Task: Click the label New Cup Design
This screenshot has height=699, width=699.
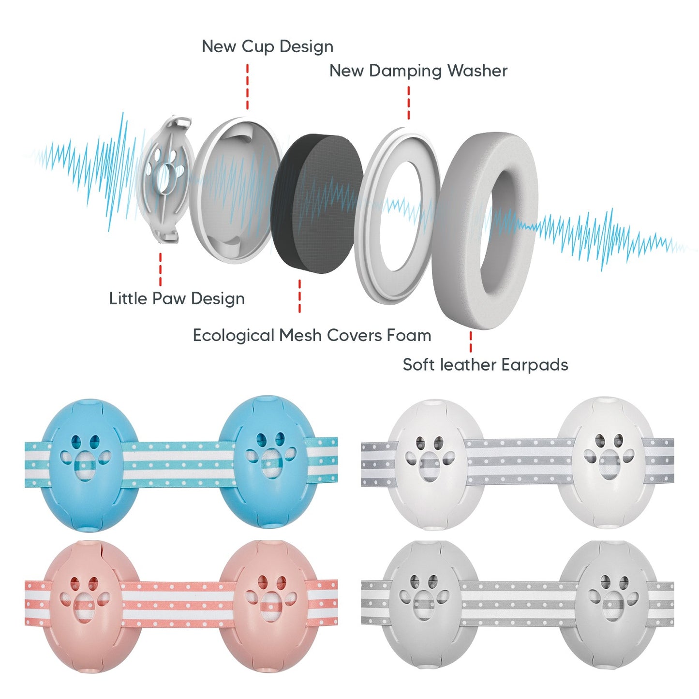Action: [267, 46]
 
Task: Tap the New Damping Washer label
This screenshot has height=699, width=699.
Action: [418, 71]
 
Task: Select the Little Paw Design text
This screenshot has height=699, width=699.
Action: [177, 298]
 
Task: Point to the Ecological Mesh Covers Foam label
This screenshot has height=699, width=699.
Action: [312, 335]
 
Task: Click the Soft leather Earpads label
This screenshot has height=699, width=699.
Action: [485, 365]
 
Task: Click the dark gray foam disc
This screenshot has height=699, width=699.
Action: [317, 203]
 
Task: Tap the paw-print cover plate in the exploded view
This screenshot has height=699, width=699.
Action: [164, 179]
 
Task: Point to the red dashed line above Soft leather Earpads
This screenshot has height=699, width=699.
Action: [470, 342]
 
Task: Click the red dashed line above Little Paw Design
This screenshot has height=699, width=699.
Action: [160, 269]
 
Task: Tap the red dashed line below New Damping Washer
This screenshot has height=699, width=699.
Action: [409, 103]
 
